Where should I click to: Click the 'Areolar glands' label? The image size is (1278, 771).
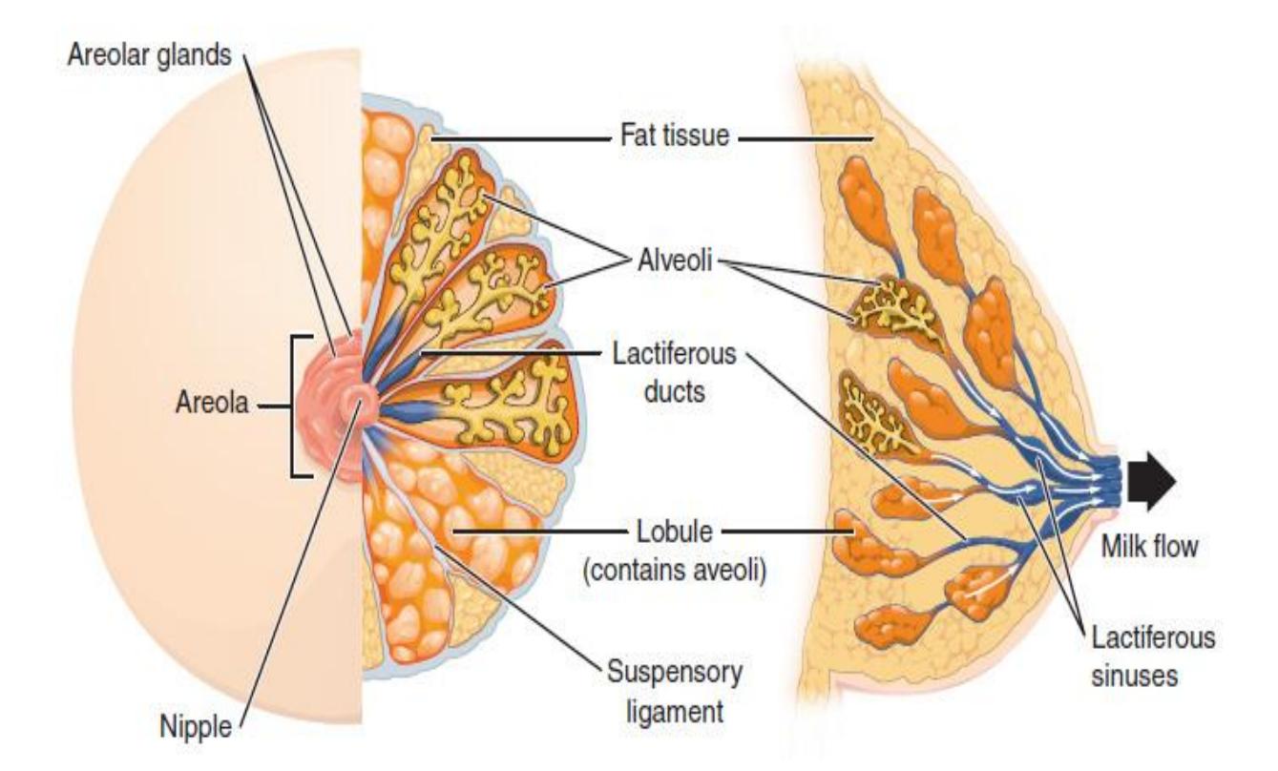point(150,56)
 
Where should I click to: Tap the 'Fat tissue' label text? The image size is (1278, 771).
point(675,135)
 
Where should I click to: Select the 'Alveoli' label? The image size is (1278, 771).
point(675,260)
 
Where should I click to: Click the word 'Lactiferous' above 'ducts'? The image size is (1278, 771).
point(675,354)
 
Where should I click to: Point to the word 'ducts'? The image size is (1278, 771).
point(675,392)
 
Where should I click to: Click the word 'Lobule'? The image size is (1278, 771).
point(675,531)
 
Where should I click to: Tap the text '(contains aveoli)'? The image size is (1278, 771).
point(675,570)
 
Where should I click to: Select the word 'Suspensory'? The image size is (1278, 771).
point(675,672)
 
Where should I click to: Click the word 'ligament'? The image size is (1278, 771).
point(675,711)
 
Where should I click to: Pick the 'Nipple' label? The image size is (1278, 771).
point(196,727)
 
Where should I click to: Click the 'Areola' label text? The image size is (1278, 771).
point(212,403)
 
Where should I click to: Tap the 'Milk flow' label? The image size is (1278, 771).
point(1150,547)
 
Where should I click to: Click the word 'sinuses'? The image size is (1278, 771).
point(1135,676)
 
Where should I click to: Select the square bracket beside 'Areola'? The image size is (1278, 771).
point(293,406)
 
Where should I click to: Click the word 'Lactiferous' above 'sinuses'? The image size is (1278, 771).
point(1153,637)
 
